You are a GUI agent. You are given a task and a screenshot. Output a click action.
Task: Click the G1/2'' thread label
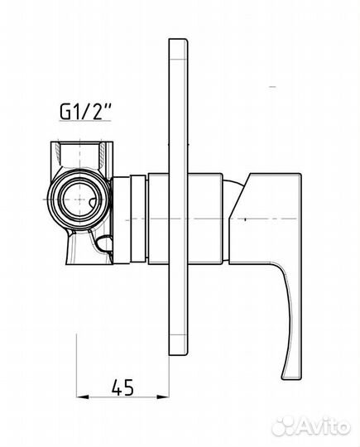[x=85, y=112]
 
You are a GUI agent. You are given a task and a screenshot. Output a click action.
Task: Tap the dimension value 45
[x=122, y=387]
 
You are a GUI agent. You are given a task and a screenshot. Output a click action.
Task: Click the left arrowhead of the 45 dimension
[x=83, y=397]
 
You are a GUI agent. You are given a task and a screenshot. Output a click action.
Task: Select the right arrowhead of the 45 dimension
[x=163, y=397]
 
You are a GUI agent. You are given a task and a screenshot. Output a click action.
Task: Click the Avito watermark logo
[x=310, y=427]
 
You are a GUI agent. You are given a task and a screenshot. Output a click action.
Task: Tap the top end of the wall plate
[x=179, y=40]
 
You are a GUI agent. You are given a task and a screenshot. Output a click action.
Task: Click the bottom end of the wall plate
[x=179, y=354]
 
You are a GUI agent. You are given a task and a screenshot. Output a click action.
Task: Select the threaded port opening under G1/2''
[x=80, y=156]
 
